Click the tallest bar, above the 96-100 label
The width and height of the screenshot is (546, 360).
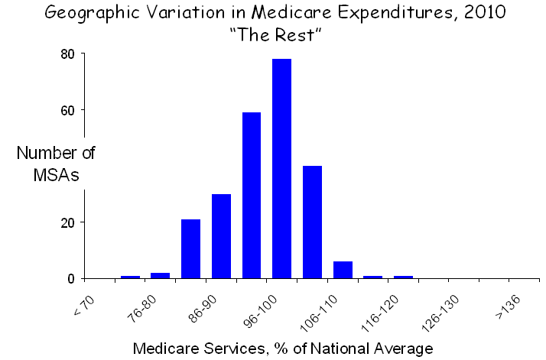click(281, 168)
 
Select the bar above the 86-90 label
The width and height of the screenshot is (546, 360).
click(221, 236)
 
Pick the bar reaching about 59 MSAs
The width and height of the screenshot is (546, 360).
click(252, 195)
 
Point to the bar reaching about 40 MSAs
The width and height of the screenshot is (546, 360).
click(312, 222)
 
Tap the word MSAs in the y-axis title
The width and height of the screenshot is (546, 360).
click(56, 174)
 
